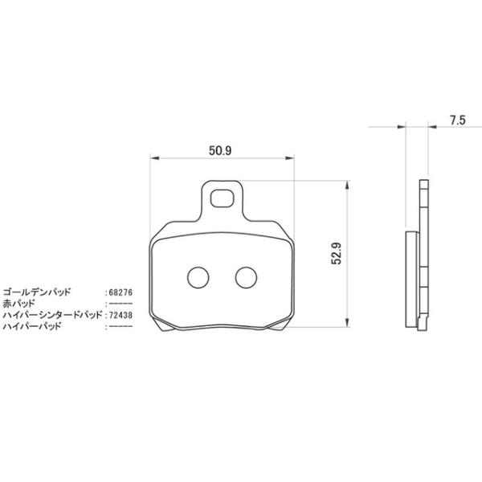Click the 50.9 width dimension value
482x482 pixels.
tap(220, 149)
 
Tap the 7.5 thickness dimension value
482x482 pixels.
tap(458, 120)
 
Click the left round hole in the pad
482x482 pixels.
tap(196, 276)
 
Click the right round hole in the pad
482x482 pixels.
tap(244, 276)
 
